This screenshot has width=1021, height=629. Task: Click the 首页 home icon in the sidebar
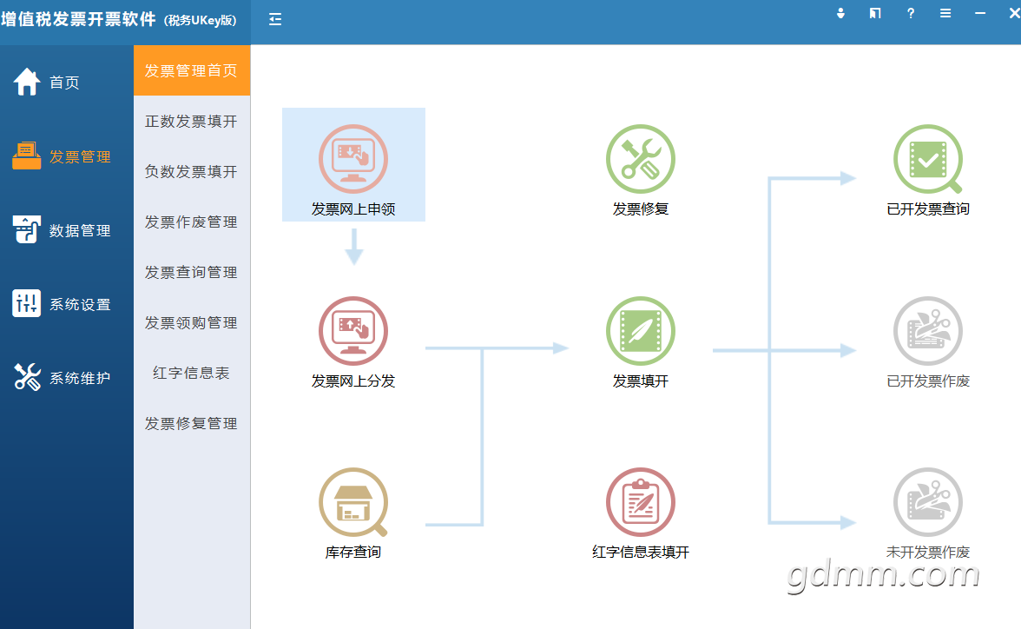27,83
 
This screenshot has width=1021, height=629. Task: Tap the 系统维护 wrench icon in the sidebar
28,377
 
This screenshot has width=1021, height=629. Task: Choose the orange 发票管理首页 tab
191,70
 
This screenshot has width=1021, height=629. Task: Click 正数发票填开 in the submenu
191,122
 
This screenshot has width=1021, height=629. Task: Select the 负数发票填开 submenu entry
191,171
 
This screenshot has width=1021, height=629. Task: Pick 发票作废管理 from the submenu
191,222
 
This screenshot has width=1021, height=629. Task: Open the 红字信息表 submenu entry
191,373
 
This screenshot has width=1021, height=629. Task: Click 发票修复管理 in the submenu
191,423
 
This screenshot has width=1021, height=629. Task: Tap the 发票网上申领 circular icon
352,159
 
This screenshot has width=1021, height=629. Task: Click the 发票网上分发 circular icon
352,331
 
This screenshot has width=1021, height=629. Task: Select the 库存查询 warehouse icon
352,502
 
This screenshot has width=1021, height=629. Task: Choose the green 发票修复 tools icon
641,159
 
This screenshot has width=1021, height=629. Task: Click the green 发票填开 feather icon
641,331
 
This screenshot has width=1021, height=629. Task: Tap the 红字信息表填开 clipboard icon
641,502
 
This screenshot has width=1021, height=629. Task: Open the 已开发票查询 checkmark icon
928,159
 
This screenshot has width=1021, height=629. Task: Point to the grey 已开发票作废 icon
928,331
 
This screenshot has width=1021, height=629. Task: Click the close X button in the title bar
1014,13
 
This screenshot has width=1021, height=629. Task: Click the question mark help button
910,13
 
